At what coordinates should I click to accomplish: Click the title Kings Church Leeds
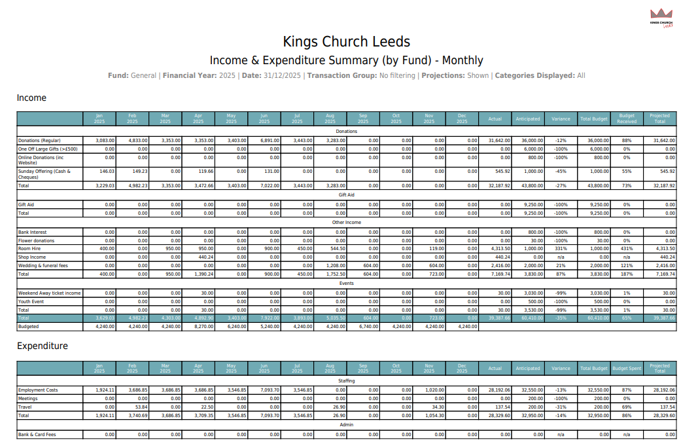click(346, 42)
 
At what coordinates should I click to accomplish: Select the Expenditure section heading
click(42, 346)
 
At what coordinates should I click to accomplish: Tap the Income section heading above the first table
click(31, 98)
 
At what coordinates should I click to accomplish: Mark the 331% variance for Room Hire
click(561, 249)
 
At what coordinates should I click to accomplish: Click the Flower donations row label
click(37, 241)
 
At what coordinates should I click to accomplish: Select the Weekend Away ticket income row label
click(49, 293)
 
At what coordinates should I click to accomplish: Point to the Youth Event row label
click(31, 301)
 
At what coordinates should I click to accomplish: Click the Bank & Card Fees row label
click(37, 434)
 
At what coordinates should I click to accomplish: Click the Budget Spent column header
click(626, 368)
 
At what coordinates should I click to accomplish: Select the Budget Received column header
click(626, 119)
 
